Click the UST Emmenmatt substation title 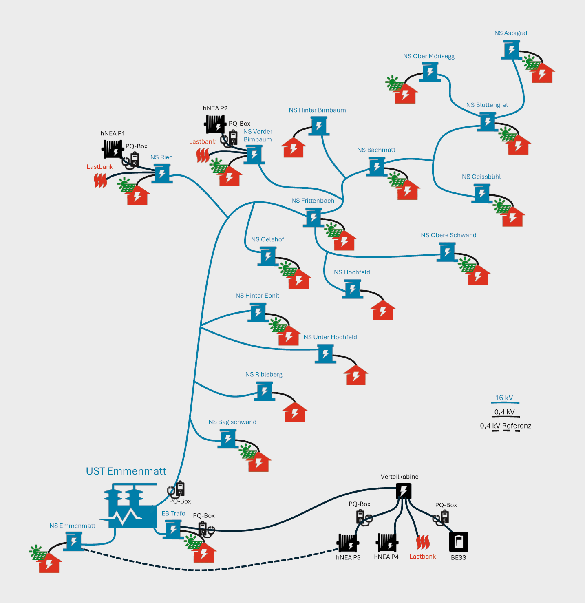tap(126, 471)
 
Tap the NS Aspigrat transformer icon tap(511, 51)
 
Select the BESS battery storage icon tap(459, 542)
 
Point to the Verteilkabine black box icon tap(404, 491)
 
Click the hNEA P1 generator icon tap(113, 149)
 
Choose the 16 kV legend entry tap(504, 398)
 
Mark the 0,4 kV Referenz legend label tap(506, 426)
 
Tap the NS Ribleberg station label tap(264, 374)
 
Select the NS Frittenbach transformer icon tap(313, 217)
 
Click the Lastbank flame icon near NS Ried tap(100, 180)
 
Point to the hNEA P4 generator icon tap(386, 543)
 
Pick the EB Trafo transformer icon tap(173, 529)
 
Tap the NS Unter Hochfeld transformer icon tap(325, 353)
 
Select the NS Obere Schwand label tap(448, 235)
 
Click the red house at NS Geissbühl tap(512, 217)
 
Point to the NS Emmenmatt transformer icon tap(74, 542)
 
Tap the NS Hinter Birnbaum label tap(317, 110)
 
